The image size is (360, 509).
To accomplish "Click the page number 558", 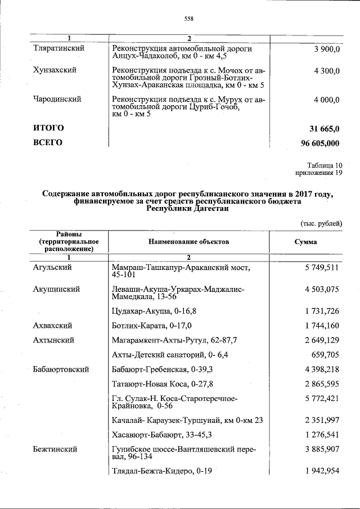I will point(189,19).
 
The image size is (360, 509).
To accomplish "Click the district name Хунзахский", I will point(55,71).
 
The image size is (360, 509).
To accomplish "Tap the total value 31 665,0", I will point(321,128).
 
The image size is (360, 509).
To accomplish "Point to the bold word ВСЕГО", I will point(48,143).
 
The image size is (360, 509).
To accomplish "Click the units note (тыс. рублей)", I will point(321,223).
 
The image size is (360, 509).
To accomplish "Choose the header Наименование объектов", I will point(189,242).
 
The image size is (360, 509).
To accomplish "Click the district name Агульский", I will point(53,268).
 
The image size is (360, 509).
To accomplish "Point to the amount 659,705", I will point(326,355).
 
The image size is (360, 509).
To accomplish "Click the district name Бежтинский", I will point(55,450).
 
